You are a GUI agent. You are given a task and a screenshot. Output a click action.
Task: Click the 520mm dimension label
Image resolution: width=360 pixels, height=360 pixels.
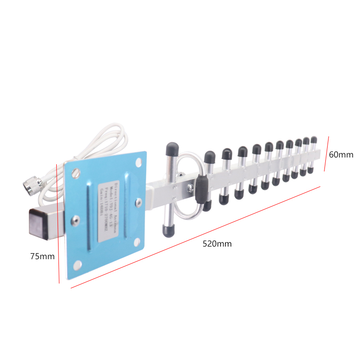point(217,244)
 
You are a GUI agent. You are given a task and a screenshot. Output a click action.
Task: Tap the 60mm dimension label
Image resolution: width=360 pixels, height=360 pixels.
point(341,155)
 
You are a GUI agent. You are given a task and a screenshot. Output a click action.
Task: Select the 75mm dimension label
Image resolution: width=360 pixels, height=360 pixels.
point(42,256)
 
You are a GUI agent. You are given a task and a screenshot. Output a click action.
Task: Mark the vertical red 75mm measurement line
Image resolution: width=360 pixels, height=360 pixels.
point(58,225)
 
